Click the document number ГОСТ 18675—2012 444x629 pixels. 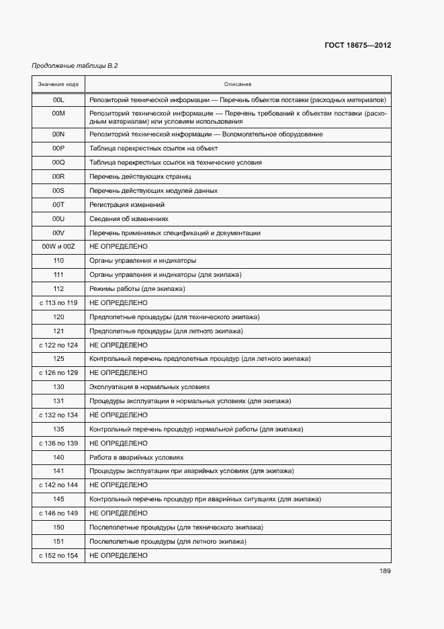[x=358, y=46]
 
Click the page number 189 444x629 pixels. [x=385, y=571]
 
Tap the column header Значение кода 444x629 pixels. [x=58, y=84]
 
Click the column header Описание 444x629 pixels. [x=238, y=84]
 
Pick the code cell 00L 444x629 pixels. [x=58, y=99]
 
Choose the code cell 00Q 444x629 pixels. [x=58, y=163]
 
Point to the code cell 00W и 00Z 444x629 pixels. [x=58, y=247]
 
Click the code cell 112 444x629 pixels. [x=58, y=289]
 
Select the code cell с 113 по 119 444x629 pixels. [x=58, y=303]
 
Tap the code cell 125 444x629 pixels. [x=58, y=359]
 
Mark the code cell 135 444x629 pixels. [x=58, y=429]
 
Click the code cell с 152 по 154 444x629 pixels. [x=58, y=555]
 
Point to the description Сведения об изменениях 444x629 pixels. [x=129, y=219]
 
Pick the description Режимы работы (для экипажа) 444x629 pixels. [x=137, y=289]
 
